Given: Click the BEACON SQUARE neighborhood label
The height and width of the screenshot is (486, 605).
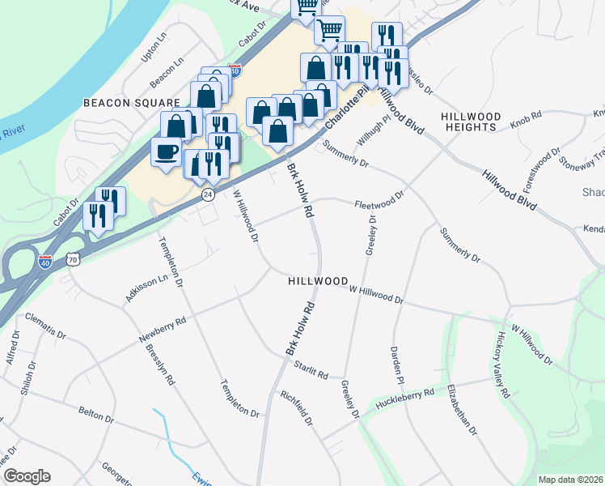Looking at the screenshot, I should tap(131, 103).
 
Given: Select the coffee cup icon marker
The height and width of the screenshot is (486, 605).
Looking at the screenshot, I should tap(166, 151).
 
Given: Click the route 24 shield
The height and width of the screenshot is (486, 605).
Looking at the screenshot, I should tap(208, 194).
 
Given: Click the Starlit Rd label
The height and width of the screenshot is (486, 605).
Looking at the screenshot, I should tap(311, 371).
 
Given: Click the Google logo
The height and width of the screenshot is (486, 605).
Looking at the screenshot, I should tap(27, 476).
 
